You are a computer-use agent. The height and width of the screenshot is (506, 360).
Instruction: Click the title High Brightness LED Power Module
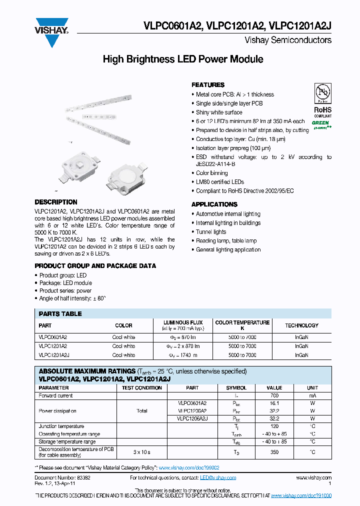(182, 59)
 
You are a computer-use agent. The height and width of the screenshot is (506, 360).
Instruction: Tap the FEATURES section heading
(208, 85)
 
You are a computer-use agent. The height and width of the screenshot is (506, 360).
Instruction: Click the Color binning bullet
(211, 173)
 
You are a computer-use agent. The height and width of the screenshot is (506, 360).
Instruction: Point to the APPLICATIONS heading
(214, 204)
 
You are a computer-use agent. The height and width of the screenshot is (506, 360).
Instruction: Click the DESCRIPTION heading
(56, 202)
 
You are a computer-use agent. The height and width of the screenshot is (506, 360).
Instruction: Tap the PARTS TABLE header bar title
(60, 314)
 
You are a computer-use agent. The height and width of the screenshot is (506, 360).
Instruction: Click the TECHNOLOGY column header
(301, 325)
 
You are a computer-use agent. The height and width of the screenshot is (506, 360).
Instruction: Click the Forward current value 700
(274, 395)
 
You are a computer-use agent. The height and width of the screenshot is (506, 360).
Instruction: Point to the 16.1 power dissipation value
(274, 403)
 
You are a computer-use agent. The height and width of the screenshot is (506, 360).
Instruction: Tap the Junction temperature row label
(61, 426)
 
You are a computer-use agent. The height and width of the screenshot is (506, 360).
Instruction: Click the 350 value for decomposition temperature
(274, 452)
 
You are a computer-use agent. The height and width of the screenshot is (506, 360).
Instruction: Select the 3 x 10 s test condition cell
(142, 452)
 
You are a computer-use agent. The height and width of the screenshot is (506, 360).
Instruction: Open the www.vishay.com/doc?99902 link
(189, 467)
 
